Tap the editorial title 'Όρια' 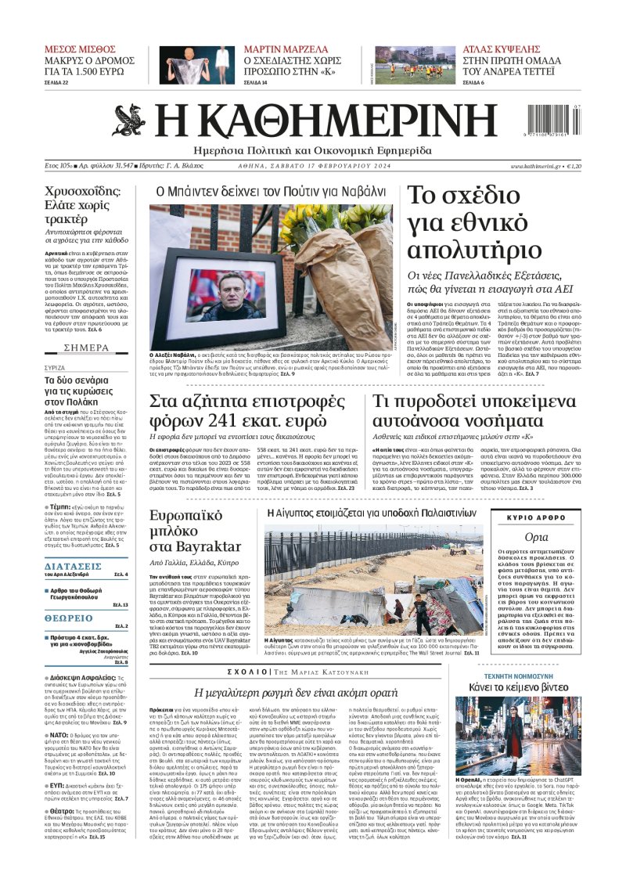[x=536, y=537]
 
